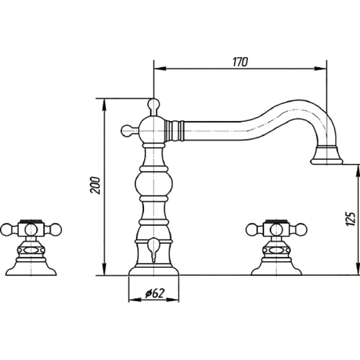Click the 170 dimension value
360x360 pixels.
point(240,62)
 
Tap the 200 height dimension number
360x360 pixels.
point(95,185)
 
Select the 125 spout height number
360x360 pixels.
point(351,218)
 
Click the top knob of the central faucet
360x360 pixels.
point(153,104)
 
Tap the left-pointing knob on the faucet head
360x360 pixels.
point(126,131)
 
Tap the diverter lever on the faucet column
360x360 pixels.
point(153,249)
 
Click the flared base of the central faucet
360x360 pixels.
point(153,271)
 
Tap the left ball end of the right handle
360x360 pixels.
point(252,229)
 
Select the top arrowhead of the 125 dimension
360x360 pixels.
point(357,171)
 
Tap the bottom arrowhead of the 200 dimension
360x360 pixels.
point(104,269)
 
